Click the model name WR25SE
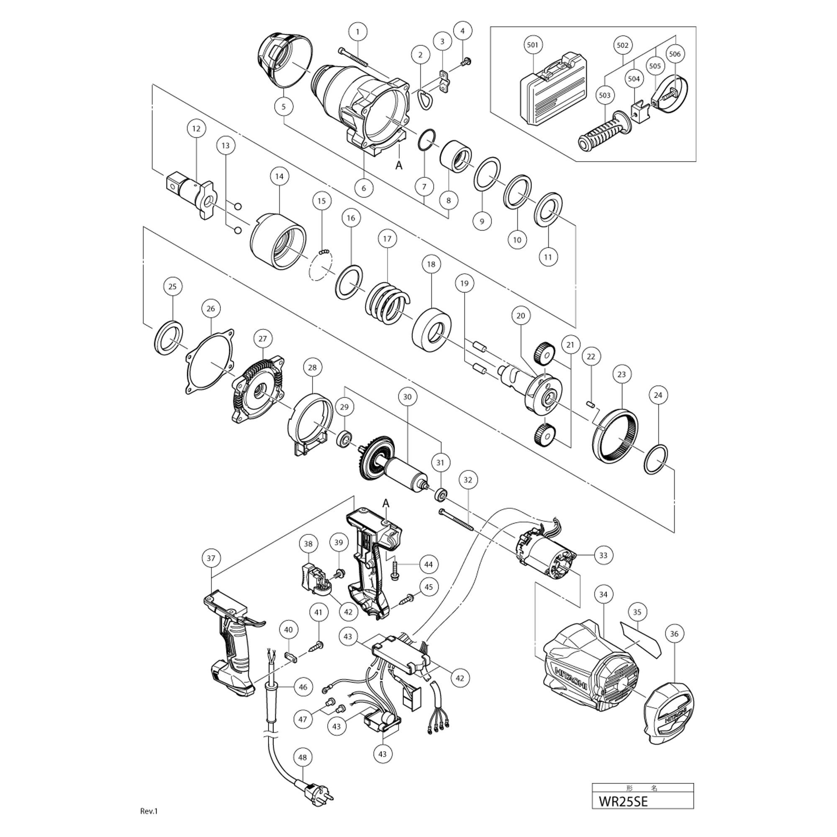click(624, 813)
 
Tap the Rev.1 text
click(149, 811)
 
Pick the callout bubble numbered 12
click(196, 128)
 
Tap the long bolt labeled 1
click(354, 57)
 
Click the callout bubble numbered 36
click(674, 634)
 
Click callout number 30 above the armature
click(407, 397)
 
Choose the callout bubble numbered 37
click(211, 558)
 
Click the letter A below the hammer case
click(398, 165)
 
